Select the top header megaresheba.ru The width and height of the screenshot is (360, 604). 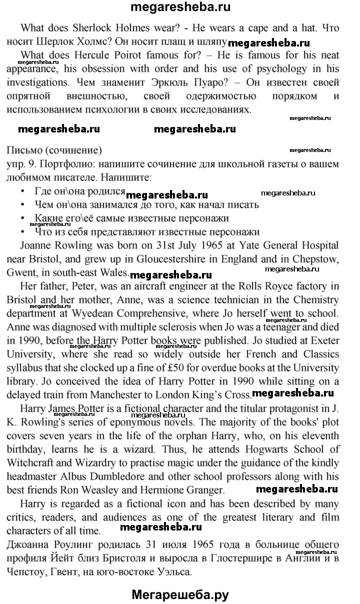(180, 7)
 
